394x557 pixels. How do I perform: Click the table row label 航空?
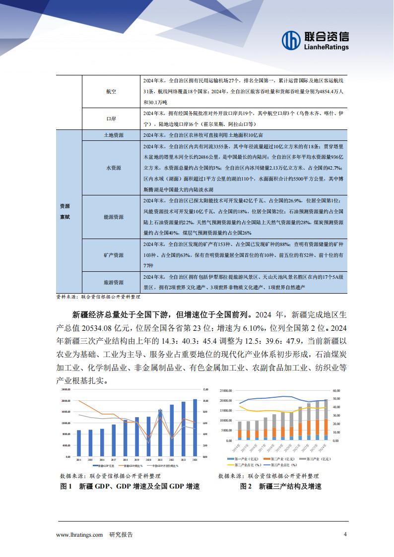[111, 92]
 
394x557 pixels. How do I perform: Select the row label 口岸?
[111, 120]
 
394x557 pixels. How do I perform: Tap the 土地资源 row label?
[114, 135]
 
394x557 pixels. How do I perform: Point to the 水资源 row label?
[114, 168]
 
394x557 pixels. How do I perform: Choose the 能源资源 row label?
[114, 217]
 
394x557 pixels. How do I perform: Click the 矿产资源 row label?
[114, 255]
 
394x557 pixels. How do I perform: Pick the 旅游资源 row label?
[114, 282]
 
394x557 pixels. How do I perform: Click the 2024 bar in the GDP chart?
[195, 428]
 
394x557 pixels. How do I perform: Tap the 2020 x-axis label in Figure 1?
[148, 460]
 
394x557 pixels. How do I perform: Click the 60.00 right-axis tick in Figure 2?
[336, 390]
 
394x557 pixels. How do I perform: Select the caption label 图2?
[247, 487]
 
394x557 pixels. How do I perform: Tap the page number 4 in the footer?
[345, 534]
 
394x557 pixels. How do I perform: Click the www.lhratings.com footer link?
[80, 535]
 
